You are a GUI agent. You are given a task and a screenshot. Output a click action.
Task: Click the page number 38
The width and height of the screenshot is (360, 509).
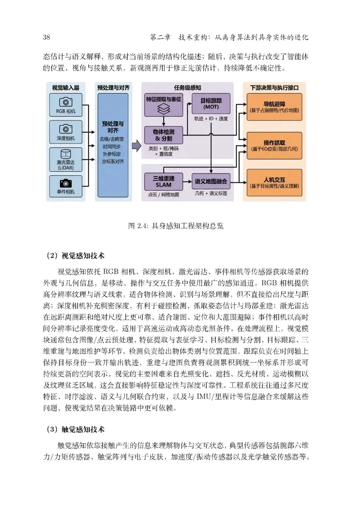pyautogui.click(x=46, y=37)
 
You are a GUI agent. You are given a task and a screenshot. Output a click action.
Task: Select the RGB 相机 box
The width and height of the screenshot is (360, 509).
pyautogui.click(x=66, y=105)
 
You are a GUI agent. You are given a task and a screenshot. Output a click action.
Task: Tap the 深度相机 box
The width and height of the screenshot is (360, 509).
pyautogui.click(x=66, y=132)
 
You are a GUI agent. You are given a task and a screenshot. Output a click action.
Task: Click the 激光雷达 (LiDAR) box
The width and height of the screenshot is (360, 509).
pyautogui.click(x=66, y=159)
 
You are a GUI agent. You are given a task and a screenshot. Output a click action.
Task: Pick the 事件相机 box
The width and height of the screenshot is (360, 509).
pyautogui.click(x=66, y=186)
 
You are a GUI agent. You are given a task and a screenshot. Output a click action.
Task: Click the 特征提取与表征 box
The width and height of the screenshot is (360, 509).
pyautogui.click(x=164, y=105)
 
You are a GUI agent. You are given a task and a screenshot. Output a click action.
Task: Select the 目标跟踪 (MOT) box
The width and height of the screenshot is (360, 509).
pyautogui.click(x=211, y=104)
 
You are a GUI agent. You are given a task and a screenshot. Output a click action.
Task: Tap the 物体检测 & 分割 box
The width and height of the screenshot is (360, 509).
pyautogui.click(x=164, y=135)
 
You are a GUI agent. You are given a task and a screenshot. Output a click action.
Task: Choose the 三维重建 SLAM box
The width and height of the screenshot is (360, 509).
pyautogui.click(x=163, y=182)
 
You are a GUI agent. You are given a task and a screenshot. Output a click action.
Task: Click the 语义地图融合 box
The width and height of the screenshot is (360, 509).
pyautogui.click(x=211, y=182)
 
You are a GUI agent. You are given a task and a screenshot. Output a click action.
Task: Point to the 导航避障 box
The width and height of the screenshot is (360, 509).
pyautogui.click(x=274, y=107)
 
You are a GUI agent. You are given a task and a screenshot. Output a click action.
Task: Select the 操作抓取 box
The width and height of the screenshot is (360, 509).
pyautogui.click(x=274, y=146)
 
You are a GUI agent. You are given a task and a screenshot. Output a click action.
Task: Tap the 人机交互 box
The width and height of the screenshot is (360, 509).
pyautogui.click(x=274, y=182)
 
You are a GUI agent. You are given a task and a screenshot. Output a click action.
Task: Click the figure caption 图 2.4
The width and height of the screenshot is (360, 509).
pyautogui.click(x=176, y=226)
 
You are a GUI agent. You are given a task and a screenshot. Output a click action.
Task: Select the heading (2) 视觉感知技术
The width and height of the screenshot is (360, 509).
pyautogui.click(x=75, y=256)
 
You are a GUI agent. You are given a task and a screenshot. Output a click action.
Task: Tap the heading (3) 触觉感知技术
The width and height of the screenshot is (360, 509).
pyautogui.click(x=75, y=429)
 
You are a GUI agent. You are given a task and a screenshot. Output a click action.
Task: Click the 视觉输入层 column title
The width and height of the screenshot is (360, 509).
pyautogui.click(x=66, y=88)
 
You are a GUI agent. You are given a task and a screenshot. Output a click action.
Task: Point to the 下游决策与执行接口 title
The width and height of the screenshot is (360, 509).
pyautogui.click(x=274, y=88)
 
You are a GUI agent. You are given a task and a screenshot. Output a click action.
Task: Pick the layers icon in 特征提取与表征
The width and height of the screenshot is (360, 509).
pyautogui.click(x=164, y=109)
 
